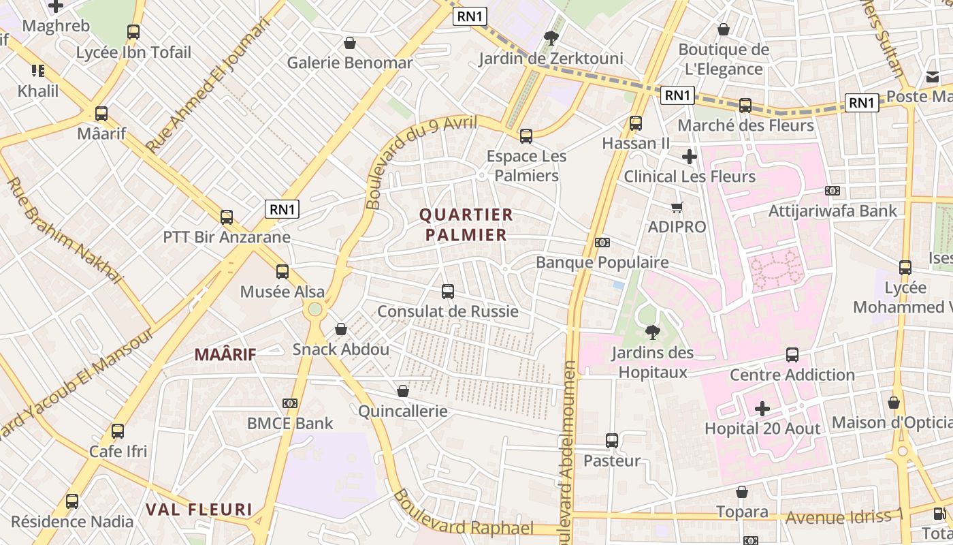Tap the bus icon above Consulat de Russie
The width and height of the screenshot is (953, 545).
tap(448, 292)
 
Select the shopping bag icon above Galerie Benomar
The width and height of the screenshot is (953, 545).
tap(350, 43)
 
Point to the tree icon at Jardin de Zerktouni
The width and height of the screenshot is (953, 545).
tap(551, 38)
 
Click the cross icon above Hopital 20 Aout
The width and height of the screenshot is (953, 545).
tap(762, 409)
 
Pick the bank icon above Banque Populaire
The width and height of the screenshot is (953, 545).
tap(602, 243)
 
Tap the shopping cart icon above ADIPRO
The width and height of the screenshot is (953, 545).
tap(677, 207)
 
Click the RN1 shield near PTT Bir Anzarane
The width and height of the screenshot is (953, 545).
tap(282, 209)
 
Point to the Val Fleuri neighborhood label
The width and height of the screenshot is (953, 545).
tap(199, 510)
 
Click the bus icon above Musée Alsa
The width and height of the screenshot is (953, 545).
tap(282, 272)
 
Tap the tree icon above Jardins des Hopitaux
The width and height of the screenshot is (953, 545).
tap(652, 332)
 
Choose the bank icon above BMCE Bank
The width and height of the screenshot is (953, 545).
tap(290, 403)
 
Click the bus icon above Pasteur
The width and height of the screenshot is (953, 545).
tap(612, 441)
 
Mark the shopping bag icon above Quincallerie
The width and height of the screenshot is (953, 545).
tap(403, 391)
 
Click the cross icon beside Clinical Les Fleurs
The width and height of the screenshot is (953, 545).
tap(690, 157)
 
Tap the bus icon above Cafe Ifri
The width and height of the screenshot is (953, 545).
tap(118, 431)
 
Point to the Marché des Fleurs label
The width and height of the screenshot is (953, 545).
tap(745, 125)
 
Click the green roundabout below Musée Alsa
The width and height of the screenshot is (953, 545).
tap(314, 310)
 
